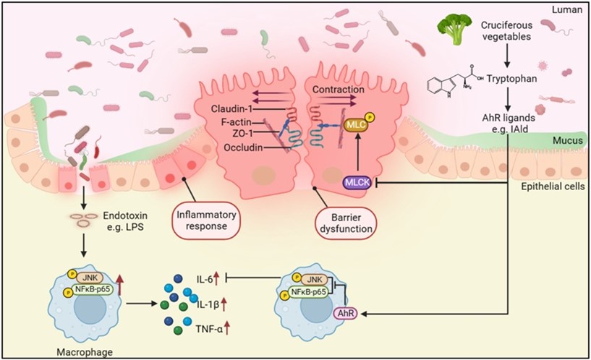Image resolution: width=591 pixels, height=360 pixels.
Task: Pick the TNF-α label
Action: (209, 330)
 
